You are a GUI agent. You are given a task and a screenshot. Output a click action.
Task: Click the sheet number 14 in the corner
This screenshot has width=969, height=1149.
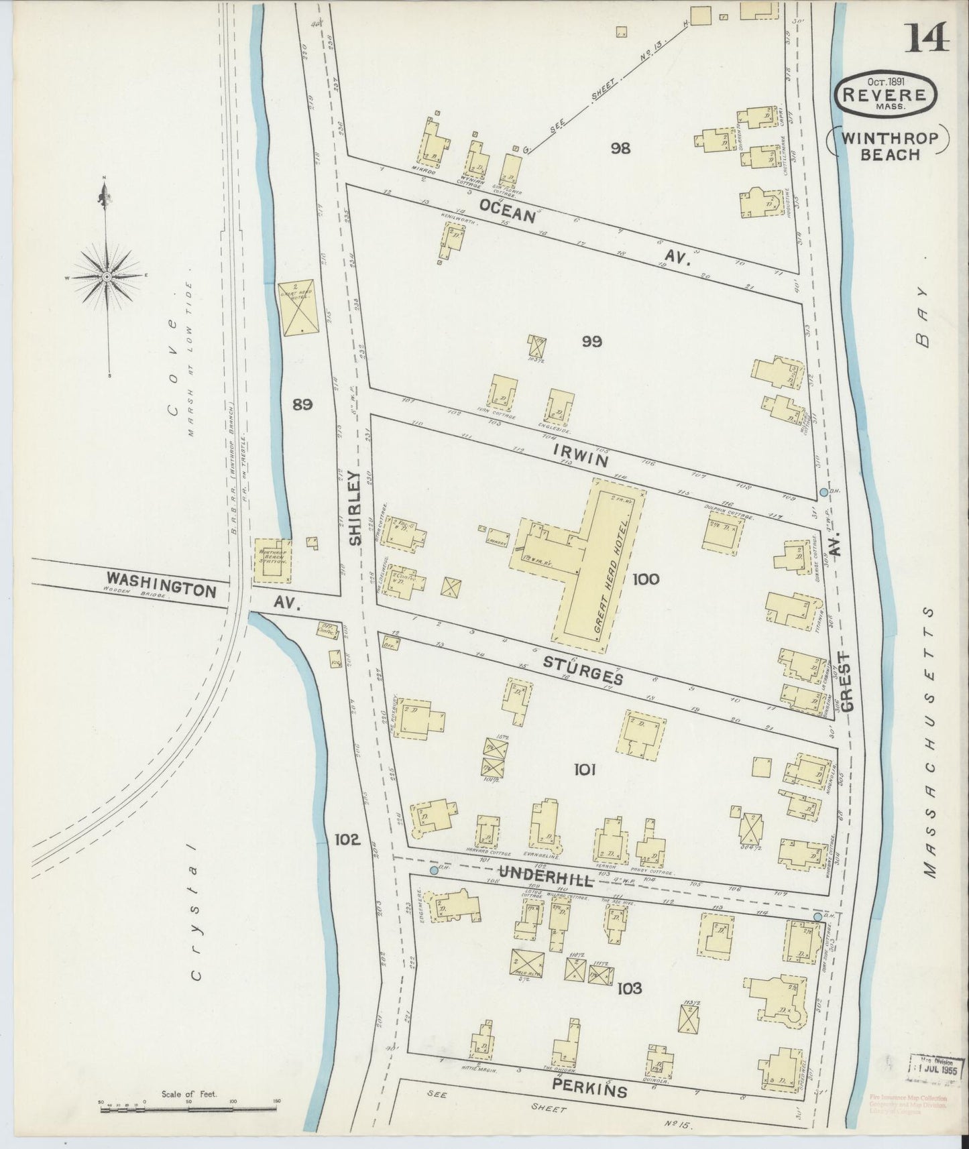(929, 37)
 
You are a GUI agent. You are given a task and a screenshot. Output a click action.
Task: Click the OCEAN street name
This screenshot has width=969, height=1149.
(516, 213)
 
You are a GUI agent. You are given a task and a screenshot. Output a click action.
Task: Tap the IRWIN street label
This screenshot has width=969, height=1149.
(581, 456)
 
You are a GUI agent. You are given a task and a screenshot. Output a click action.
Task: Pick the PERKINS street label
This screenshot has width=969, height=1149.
(590, 1087)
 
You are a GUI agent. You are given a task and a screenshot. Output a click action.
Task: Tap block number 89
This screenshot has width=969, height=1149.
(303, 404)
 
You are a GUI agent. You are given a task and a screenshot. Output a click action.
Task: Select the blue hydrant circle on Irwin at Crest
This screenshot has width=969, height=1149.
(823, 493)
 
